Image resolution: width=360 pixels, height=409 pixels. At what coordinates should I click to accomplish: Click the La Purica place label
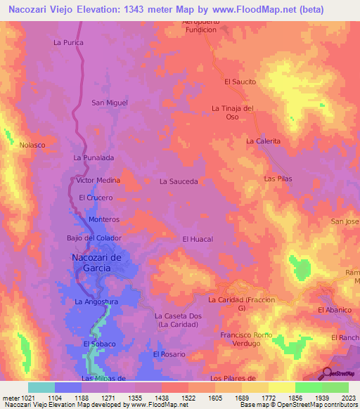click(68, 43)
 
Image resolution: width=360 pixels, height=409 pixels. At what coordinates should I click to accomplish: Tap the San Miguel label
click(110, 103)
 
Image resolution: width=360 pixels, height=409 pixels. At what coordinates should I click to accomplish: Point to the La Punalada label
click(94, 158)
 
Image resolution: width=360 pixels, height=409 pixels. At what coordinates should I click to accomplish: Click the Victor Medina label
click(98, 181)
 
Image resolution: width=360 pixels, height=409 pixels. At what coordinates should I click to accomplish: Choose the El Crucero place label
click(96, 198)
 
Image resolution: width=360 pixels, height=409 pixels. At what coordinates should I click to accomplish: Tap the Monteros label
click(104, 220)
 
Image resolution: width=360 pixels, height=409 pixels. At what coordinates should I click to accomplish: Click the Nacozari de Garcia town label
click(98, 262)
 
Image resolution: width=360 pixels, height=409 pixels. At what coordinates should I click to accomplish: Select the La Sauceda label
click(179, 181)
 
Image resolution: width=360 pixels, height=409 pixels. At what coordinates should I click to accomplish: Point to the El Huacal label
click(198, 240)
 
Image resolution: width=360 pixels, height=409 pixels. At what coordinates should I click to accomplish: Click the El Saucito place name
click(240, 82)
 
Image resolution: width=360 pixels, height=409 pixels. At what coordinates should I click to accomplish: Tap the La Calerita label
click(263, 141)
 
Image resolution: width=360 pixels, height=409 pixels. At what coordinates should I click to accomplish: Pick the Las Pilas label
click(278, 179)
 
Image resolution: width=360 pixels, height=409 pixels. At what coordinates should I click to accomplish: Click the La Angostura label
click(96, 302)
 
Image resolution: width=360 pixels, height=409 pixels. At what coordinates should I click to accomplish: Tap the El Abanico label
click(334, 310)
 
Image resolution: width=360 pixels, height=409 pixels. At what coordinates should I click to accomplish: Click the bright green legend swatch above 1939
click(308, 387)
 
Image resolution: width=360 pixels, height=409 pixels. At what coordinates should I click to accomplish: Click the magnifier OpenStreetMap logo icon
click(326, 372)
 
